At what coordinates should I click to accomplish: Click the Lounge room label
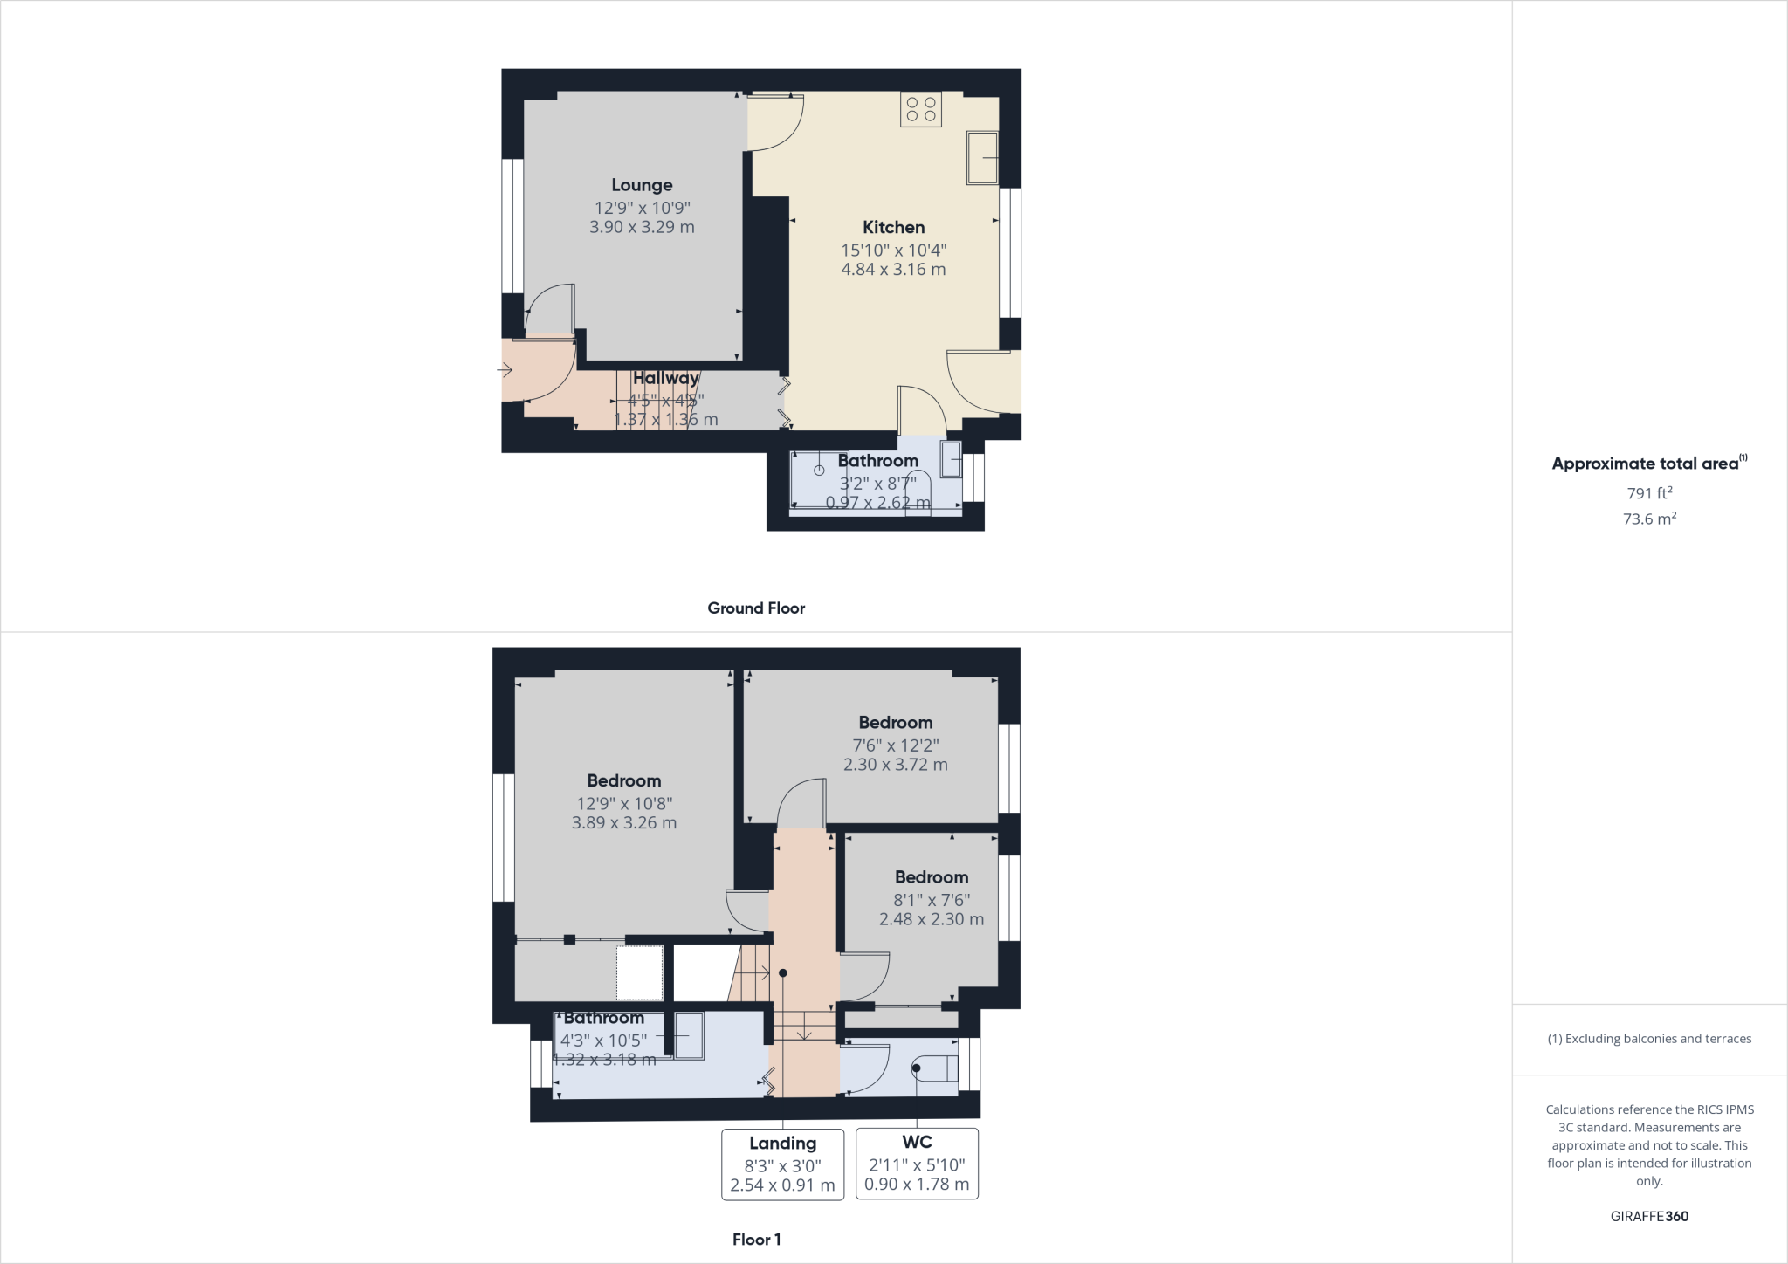(642, 185)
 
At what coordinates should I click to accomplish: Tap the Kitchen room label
(893, 228)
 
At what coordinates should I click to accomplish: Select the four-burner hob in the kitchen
(921, 109)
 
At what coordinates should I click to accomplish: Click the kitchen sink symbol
(982, 158)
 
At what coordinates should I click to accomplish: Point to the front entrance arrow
(505, 371)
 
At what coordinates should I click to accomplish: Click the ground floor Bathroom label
(877, 461)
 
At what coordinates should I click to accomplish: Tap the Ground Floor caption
(756, 608)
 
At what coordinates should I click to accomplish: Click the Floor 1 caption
(756, 1240)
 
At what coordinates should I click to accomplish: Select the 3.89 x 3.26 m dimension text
(624, 822)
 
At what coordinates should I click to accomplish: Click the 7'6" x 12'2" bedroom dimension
(896, 745)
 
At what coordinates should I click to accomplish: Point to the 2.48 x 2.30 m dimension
(931, 919)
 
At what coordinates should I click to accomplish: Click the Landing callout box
(782, 1164)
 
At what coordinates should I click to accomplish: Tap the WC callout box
(917, 1164)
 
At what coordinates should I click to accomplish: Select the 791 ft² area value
(1648, 493)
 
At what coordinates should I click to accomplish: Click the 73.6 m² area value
(1648, 519)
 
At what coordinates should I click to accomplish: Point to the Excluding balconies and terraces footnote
(1649, 1039)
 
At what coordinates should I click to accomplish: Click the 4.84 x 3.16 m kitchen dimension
(893, 270)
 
